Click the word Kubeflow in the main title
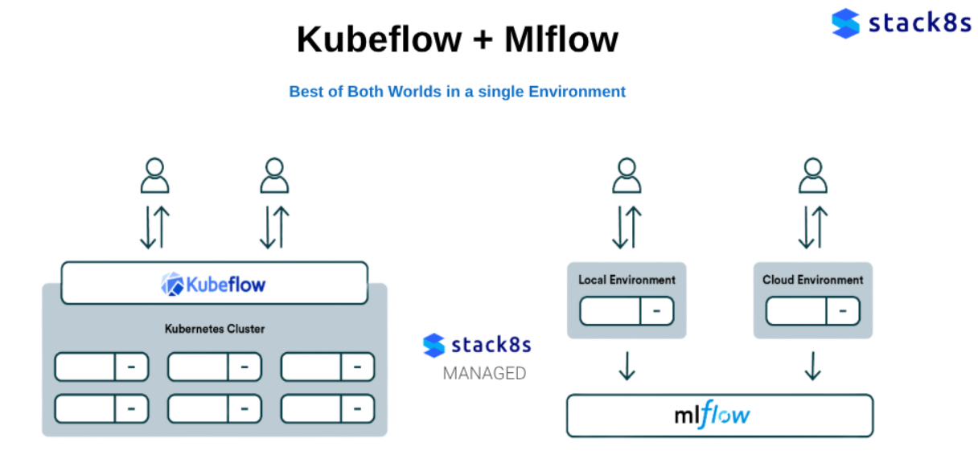pyautogui.click(x=379, y=39)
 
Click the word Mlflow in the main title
pyautogui.click(x=561, y=39)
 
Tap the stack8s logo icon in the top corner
pyautogui.click(x=845, y=23)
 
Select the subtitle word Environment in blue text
pyautogui.click(x=577, y=92)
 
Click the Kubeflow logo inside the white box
pyautogui.click(x=214, y=284)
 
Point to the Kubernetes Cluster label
pyautogui.click(x=214, y=329)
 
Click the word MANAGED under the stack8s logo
pyautogui.click(x=484, y=374)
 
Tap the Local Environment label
pyautogui.click(x=627, y=280)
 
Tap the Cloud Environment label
pyautogui.click(x=812, y=280)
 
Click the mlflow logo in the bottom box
pyautogui.click(x=712, y=415)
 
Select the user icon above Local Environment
pyautogui.click(x=627, y=175)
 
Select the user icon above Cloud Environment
pyautogui.click(x=812, y=175)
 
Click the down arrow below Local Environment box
pyautogui.click(x=627, y=366)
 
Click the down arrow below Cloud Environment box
pyautogui.click(x=812, y=366)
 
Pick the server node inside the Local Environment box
pyautogui.click(x=627, y=311)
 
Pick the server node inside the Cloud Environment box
pyautogui.click(x=812, y=311)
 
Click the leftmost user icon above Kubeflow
pyautogui.click(x=154, y=175)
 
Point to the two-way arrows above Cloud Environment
pyautogui.click(x=812, y=227)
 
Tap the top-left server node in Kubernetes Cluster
pyautogui.click(x=101, y=367)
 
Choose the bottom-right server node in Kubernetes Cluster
pyautogui.click(x=327, y=408)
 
